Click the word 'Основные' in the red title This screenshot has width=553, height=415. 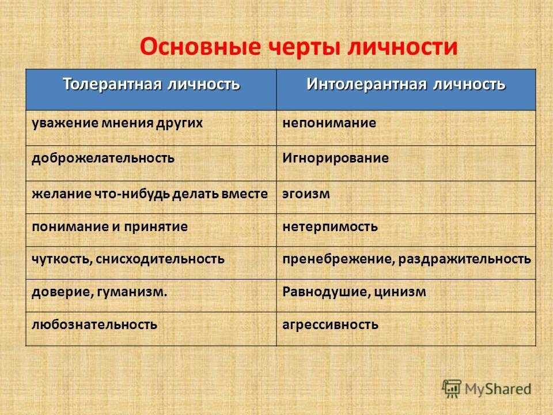pyautogui.click(x=200, y=47)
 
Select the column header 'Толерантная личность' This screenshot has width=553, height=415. pyautogui.click(x=151, y=84)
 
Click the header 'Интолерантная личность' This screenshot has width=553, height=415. pyautogui.click(x=406, y=84)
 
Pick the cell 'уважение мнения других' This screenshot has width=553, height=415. pyautogui.click(x=118, y=123)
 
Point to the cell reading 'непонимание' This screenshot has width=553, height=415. pyautogui.click(x=329, y=123)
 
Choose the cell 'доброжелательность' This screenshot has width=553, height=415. pyautogui.click(x=103, y=158)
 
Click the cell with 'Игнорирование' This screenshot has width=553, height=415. pyautogui.click(x=335, y=158)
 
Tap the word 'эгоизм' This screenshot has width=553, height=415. pyautogui.click(x=306, y=194)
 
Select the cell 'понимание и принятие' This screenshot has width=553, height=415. pyautogui.click(x=109, y=227)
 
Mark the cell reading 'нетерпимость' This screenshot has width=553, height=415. pyautogui.click(x=330, y=227)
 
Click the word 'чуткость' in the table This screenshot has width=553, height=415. pyautogui.click(x=60, y=259)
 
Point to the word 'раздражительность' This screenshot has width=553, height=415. pyautogui.click(x=465, y=259)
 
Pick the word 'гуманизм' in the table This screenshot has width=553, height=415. pyautogui.click(x=130, y=292)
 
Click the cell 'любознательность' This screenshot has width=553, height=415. pyautogui.click(x=94, y=325)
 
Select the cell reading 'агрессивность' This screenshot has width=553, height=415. pyautogui.click(x=331, y=325)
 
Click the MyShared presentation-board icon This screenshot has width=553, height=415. pyautogui.click(x=452, y=389)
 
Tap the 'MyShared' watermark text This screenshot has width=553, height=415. pyautogui.click(x=498, y=389)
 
